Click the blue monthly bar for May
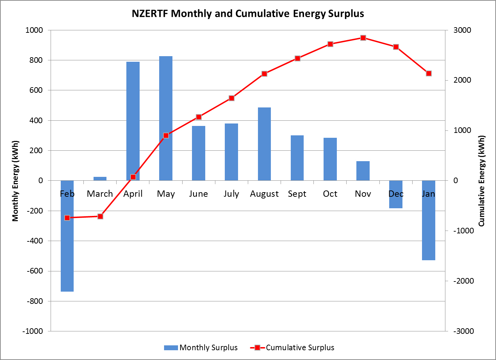tap(166, 118)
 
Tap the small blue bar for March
tap(100, 179)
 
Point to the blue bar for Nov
tap(363, 171)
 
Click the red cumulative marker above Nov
tap(363, 38)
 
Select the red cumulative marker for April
tap(133, 177)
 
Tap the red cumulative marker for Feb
tap(67, 218)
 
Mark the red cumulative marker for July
tap(231, 98)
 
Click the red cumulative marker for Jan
tap(429, 73)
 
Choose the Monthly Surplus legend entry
tap(201, 347)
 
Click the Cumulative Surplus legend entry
tap(293, 347)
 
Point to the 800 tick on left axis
tap(35, 60)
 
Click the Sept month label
tap(297, 194)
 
